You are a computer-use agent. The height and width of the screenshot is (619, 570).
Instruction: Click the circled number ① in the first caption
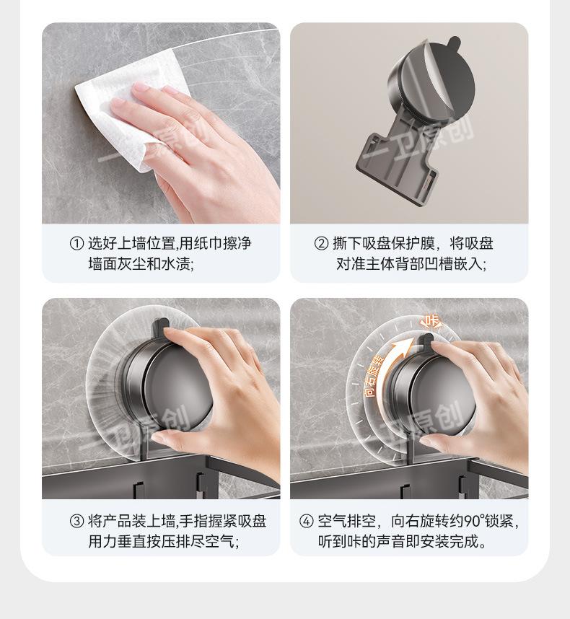point(76,243)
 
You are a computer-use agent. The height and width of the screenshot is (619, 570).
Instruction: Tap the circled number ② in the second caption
point(321,243)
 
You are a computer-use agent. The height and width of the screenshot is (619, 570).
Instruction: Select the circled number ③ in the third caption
point(76,521)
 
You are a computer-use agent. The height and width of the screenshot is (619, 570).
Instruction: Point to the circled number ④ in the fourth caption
point(307,521)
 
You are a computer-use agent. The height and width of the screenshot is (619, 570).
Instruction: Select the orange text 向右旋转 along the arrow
point(374,376)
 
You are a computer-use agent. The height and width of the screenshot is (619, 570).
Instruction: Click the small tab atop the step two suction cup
point(453,41)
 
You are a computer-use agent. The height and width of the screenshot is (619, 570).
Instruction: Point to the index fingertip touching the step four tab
point(438,346)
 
